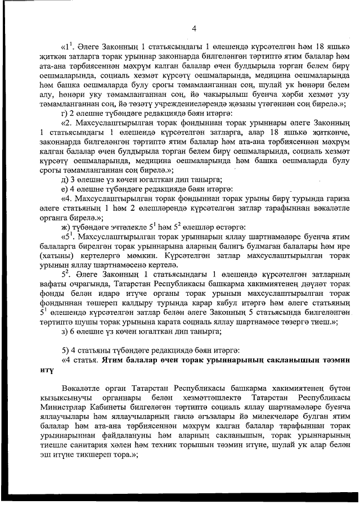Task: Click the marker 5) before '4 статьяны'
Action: coord(65,350)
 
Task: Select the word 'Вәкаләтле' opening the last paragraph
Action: coord(84,389)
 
